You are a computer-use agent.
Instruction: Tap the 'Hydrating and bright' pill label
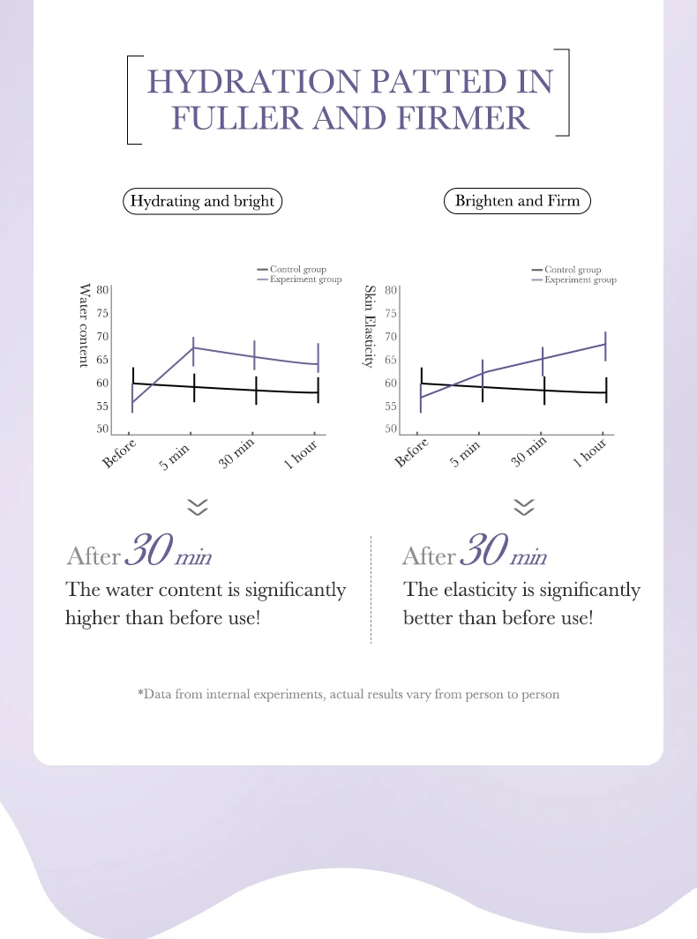coord(202,201)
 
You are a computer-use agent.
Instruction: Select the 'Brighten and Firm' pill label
coord(517,201)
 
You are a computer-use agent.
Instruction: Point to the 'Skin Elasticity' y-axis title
coord(371,326)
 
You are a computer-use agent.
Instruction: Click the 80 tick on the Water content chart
coord(102,289)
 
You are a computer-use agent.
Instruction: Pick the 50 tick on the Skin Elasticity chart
coord(392,429)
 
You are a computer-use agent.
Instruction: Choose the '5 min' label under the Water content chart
coord(176,455)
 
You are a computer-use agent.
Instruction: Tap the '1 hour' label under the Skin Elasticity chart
coord(591,455)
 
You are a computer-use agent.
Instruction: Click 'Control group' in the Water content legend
coord(298,270)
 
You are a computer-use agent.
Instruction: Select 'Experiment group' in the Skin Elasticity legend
coord(581,279)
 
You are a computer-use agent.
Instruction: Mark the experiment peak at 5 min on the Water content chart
coord(193,347)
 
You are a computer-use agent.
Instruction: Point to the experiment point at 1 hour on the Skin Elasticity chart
coord(606,344)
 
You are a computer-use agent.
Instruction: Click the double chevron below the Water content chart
coord(198,506)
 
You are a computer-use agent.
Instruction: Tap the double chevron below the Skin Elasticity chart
coord(524,506)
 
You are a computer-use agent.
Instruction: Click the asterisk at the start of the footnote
coord(140,694)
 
